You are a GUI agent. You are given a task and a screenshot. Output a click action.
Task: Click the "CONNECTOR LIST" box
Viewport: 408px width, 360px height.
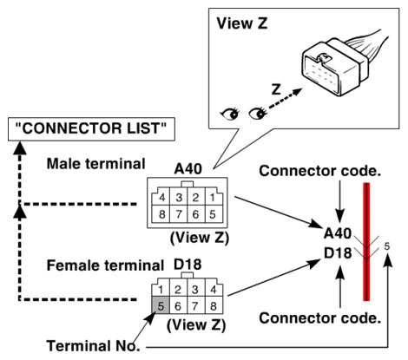click(x=91, y=129)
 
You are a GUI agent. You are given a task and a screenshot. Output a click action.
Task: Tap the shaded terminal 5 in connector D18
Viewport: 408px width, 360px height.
click(x=161, y=305)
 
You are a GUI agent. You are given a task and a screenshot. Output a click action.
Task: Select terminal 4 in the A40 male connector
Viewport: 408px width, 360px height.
click(x=161, y=198)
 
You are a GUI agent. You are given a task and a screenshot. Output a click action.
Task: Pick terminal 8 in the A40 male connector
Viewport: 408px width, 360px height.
click(x=161, y=214)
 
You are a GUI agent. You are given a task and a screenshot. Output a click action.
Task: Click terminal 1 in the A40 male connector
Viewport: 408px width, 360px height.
click(x=213, y=198)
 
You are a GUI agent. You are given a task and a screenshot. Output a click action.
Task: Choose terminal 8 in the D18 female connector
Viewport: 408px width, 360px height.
click(x=214, y=305)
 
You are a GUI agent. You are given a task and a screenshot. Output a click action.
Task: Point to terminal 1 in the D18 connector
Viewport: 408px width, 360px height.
click(x=161, y=289)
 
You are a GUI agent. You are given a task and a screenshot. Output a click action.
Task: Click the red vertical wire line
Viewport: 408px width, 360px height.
click(x=366, y=242)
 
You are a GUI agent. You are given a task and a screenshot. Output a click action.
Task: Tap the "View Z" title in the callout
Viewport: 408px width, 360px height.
click(x=242, y=23)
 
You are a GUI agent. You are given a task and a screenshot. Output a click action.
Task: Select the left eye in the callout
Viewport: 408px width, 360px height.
click(x=230, y=114)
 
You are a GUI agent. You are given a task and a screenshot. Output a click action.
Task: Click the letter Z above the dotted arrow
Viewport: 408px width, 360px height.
click(x=276, y=89)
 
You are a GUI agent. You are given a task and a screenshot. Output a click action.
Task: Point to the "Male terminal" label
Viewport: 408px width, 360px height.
click(x=95, y=164)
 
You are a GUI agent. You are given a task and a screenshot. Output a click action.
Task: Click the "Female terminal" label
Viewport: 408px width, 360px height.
click(x=105, y=265)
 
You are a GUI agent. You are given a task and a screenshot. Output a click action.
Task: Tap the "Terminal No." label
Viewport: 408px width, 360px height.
click(x=93, y=346)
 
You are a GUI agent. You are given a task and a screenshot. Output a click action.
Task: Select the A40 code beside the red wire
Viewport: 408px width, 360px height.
click(x=338, y=233)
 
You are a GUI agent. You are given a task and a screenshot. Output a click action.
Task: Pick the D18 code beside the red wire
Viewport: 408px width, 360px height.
click(x=338, y=253)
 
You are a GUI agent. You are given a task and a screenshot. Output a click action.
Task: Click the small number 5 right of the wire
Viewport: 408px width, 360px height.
click(x=387, y=246)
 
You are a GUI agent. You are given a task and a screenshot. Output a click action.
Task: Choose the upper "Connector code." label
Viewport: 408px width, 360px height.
click(x=319, y=171)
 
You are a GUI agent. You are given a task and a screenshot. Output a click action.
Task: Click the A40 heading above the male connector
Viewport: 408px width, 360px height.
click(x=188, y=169)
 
